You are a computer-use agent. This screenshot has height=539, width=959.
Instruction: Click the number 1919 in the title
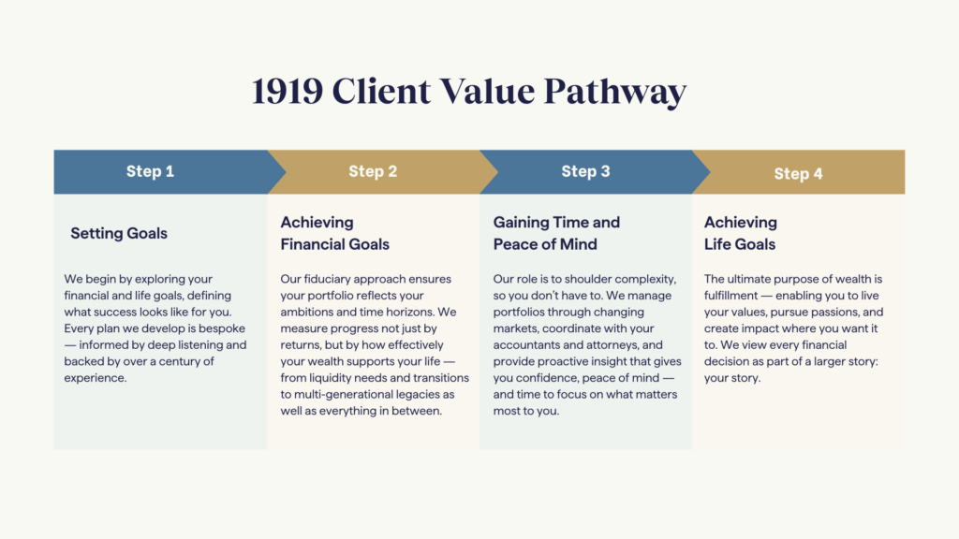click(x=288, y=92)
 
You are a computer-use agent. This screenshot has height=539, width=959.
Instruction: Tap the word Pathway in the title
click(x=614, y=93)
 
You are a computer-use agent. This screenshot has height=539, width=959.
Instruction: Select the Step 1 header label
click(x=150, y=172)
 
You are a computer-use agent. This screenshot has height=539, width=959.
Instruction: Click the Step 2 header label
click(x=373, y=172)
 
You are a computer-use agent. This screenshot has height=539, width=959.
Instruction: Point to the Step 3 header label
click(x=586, y=172)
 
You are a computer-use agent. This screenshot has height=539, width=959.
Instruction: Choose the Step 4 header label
click(x=798, y=174)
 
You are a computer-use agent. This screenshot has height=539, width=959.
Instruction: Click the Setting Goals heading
click(x=119, y=233)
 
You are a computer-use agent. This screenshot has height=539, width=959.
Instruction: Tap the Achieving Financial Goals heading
click(x=334, y=233)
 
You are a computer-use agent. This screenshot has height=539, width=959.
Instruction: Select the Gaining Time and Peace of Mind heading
click(x=556, y=233)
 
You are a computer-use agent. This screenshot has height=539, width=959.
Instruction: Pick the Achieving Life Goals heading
click(x=741, y=233)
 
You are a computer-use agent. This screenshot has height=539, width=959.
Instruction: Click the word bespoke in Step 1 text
click(x=221, y=328)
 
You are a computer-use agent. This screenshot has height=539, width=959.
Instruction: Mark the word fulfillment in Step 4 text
click(x=730, y=296)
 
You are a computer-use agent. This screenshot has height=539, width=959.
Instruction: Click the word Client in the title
click(x=381, y=92)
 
